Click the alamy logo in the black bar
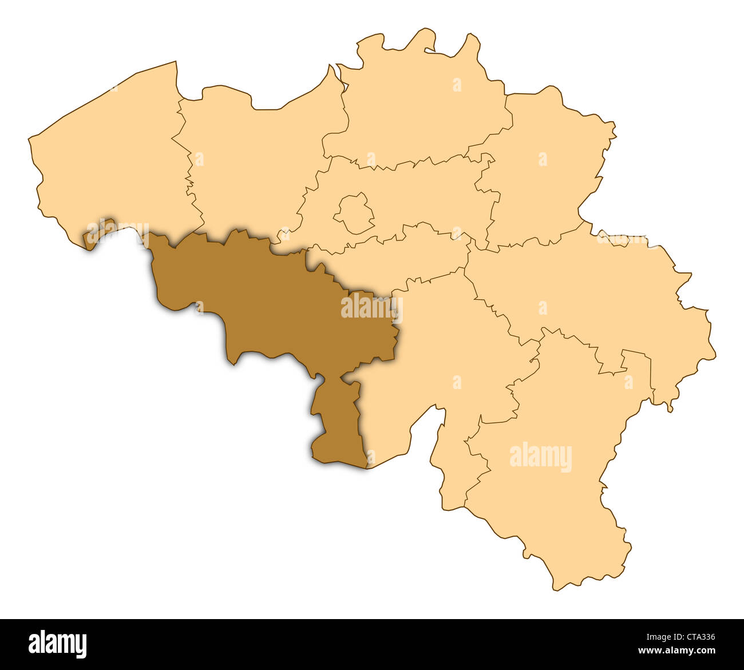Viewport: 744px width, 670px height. (x=57, y=644)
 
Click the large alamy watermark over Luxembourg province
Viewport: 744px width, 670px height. (x=540, y=457)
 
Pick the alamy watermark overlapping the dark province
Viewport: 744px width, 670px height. (x=371, y=307)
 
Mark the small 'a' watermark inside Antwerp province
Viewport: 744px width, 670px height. (x=457, y=85)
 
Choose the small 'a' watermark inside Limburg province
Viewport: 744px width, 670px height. (x=542, y=159)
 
